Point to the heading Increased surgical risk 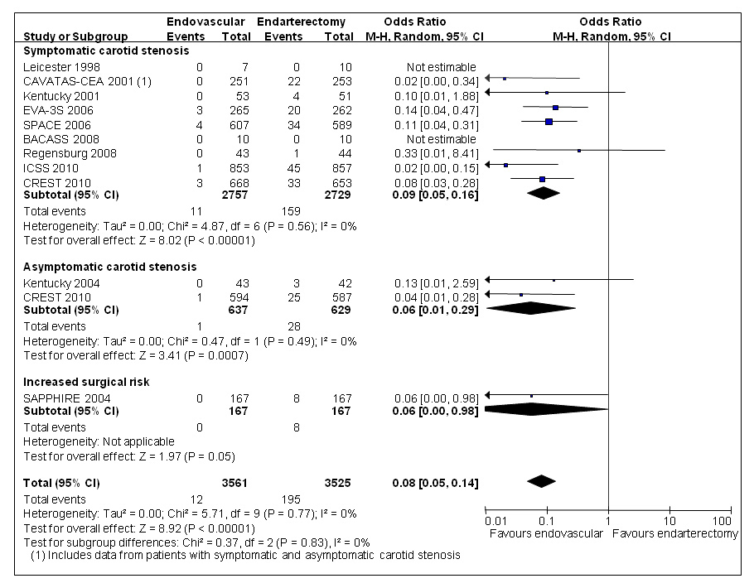[87, 382]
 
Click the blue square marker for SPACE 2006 [549, 122]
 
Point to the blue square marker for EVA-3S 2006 [555, 108]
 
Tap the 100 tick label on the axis [722, 521]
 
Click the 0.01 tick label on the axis [496, 521]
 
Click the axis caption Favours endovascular [546, 533]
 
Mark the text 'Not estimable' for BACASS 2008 [441, 138]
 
